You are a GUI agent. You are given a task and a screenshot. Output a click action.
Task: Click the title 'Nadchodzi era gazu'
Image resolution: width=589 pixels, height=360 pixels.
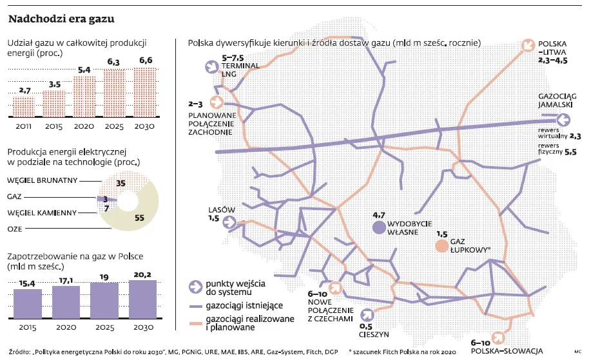(61, 20)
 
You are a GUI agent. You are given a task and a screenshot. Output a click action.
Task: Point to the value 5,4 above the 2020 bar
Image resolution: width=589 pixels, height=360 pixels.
(84, 70)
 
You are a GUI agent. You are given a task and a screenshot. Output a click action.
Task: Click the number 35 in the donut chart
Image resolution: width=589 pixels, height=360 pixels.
(121, 183)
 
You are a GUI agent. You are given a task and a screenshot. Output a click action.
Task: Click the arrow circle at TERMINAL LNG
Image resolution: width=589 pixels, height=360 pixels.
(211, 67)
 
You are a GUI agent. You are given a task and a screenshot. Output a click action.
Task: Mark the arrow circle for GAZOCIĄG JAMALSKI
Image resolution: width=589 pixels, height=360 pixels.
(563, 119)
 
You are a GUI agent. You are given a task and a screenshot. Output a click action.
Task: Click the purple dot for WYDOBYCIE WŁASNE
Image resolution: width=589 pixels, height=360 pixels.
(378, 227)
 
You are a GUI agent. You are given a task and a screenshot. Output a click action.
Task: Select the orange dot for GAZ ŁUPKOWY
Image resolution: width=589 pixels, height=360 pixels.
(441, 246)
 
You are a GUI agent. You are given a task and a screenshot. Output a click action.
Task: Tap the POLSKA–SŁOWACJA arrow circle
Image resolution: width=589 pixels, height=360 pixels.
(497, 337)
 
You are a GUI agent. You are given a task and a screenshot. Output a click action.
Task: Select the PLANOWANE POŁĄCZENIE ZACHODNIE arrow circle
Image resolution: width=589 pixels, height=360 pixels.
(215, 103)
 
